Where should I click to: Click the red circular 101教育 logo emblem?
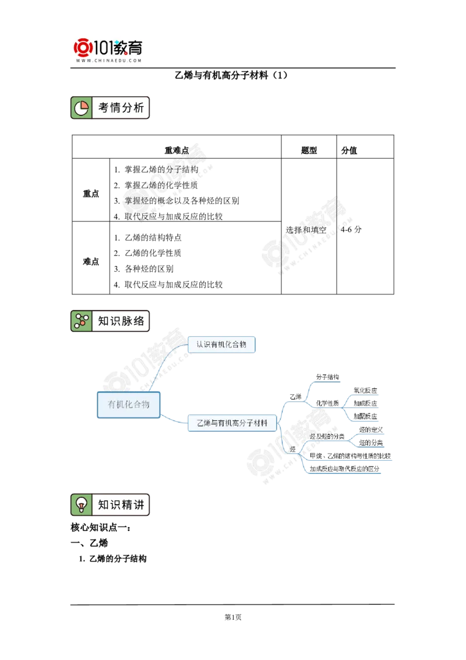click(83, 47)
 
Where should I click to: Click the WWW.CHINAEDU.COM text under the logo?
click(109, 60)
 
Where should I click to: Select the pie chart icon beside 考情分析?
click(81, 108)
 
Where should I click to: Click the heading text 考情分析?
click(121, 108)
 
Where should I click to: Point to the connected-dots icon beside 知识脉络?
click(81, 321)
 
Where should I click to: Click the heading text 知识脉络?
click(121, 321)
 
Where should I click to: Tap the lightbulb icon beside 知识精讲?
click(81, 504)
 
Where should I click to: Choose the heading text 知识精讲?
click(121, 504)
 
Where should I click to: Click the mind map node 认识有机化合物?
click(221, 345)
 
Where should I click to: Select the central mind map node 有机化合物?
click(128, 404)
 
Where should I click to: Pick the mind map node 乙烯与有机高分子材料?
click(232, 423)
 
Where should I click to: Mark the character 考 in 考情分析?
click(104, 108)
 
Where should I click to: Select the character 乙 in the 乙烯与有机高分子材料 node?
click(200, 423)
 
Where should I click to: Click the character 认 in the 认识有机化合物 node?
click(200, 345)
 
